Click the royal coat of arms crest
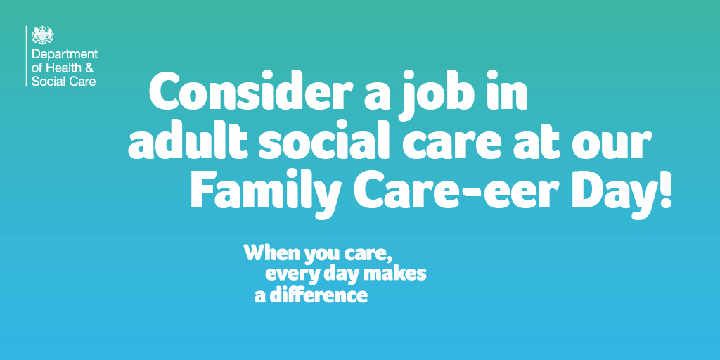point(43,35)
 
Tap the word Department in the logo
point(65,55)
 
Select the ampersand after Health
point(89,68)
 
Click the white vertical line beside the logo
point(27,56)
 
